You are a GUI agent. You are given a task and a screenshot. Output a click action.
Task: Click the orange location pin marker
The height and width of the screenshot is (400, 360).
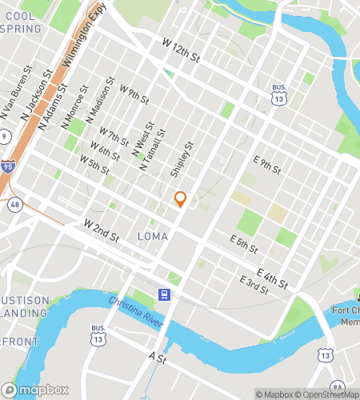180,198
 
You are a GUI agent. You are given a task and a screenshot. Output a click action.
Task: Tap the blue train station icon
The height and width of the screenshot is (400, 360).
163,294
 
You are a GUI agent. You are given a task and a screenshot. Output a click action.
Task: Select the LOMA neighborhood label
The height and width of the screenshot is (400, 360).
153,236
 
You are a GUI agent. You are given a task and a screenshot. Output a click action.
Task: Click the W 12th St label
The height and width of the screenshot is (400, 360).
180,50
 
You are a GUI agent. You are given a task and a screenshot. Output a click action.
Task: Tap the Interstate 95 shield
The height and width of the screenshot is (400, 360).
6,166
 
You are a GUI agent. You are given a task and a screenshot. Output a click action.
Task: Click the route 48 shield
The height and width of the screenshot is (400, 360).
15,205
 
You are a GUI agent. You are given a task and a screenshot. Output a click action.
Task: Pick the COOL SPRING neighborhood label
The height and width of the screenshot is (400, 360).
21,22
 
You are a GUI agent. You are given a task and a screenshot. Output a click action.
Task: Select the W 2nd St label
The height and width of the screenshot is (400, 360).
101,230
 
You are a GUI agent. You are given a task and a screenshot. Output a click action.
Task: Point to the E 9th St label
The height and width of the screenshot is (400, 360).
266,165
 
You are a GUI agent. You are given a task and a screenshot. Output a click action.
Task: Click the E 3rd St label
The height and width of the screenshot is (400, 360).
253,282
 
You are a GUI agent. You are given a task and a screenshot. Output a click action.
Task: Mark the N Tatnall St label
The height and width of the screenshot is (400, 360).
153,150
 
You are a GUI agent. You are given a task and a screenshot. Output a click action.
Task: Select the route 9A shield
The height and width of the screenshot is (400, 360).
337,386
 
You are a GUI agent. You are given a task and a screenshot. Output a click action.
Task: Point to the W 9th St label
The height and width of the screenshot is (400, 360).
134,94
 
